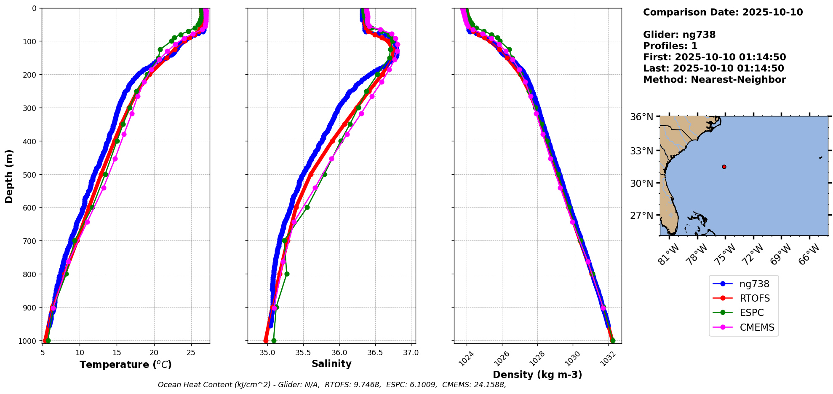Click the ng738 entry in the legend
point(754,284)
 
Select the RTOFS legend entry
point(755,298)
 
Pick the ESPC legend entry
point(751,313)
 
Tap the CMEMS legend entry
point(757,327)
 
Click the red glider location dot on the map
point(724,167)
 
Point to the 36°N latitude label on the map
point(642,116)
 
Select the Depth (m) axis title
point(9,176)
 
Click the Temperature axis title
point(125,364)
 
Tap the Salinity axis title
point(331,364)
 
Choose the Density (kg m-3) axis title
point(537,375)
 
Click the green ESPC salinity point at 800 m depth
point(287,274)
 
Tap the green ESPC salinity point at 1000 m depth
point(274,340)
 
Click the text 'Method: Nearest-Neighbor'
point(714,80)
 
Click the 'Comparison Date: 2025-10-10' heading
point(723,12)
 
